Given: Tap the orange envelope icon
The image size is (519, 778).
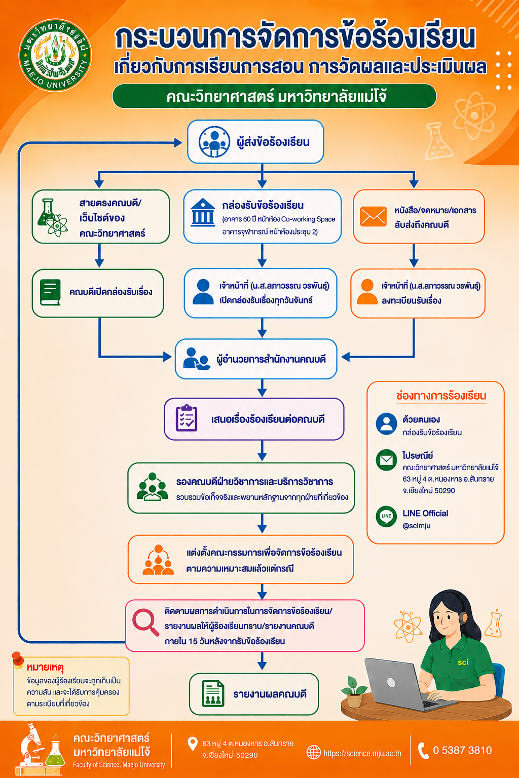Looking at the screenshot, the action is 373,216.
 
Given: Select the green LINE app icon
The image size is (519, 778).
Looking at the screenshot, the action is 386,516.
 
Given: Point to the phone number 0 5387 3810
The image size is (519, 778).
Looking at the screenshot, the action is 462,750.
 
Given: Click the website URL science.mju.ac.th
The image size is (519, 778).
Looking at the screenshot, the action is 362,753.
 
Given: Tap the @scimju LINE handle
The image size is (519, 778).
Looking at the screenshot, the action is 417,526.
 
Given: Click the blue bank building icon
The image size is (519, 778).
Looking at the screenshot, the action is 203,213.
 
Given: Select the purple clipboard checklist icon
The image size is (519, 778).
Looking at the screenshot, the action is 187,418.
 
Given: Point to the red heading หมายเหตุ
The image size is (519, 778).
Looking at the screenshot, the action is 45,668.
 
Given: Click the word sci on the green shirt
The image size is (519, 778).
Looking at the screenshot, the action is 463,663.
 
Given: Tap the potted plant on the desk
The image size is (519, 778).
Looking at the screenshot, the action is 354,691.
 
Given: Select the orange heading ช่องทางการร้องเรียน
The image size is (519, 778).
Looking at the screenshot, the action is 441,396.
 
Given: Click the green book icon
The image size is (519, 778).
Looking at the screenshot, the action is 50,292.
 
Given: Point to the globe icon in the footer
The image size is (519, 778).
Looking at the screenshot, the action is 313,752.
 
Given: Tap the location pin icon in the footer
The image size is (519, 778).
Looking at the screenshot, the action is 192,744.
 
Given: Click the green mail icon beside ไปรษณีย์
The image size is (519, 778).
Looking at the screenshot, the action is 386,460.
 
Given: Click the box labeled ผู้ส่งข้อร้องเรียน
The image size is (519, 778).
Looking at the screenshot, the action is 255,142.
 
